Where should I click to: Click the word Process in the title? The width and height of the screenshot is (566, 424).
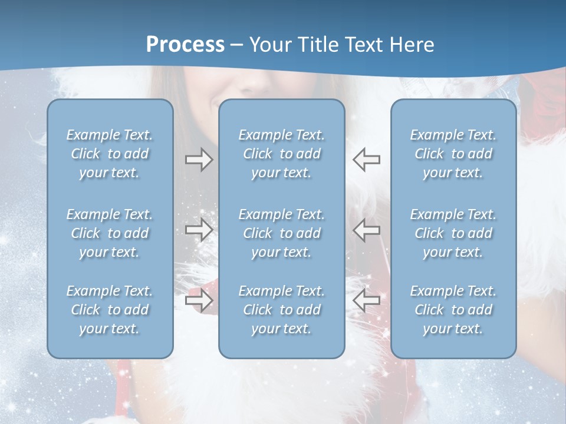pyautogui.click(x=185, y=45)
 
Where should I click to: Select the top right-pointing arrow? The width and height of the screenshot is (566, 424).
pyautogui.click(x=199, y=160)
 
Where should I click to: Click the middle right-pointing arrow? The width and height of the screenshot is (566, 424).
pyautogui.click(x=199, y=230)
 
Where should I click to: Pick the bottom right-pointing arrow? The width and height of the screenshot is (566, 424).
pyautogui.click(x=199, y=300)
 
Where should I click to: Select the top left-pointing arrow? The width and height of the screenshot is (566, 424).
pyautogui.click(x=367, y=160)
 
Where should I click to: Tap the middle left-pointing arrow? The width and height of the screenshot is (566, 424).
pyautogui.click(x=367, y=230)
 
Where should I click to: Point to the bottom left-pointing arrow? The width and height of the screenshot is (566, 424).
pyautogui.click(x=367, y=300)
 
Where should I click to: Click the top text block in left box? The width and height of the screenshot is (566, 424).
pyautogui.click(x=110, y=154)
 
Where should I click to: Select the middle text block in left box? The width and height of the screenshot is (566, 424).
pyautogui.click(x=110, y=233)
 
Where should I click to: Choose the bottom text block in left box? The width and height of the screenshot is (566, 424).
pyautogui.click(x=110, y=310)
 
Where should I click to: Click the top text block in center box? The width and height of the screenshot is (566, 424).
pyautogui.click(x=281, y=154)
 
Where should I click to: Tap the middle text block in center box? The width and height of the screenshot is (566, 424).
pyautogui.click(x=281, y=233)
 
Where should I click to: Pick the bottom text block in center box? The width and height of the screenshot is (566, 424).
pyautogui.click(x=281, y=310)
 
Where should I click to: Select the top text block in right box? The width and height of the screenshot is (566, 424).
pyautogui.click(x=453, y=154)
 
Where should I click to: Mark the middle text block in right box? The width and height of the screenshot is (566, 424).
pyautogui.click(x=453, y=233)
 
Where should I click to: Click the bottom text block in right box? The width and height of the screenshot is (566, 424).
pyautogui.click(x=453, y=310)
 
